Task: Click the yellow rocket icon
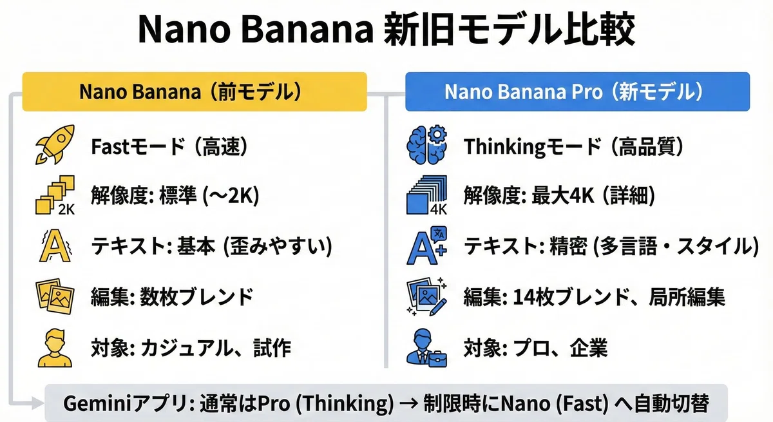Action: pyautogui.click(x=55, y=144)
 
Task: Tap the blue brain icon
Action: pyautogui.click(x=427, y=144)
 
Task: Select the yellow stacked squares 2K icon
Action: pyautogui.click(x=55, y=195)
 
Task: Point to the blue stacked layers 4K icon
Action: pyautogui.click(x=427, y=195)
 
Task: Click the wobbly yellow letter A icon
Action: pyautogui.click(x=55, y=245)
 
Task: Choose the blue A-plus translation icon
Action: pyautogui.click(x=427, y=245)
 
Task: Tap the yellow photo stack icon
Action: pyautogui.click(x=55, y=296)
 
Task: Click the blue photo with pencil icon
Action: pyautogui.click(x=427, y=296)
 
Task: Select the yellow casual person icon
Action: pyautogui.click(x=55, y=348)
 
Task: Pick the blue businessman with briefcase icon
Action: pyautogui.click(x=427, y=348)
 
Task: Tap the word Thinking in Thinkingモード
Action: pyautogui.click(x=504, y=147)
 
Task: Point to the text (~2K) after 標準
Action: pyautogui.click(x=231, y=196)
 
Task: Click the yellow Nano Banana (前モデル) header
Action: pyautogui.click(x=195, y=91)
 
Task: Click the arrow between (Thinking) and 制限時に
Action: pyautogui.click(x=409, y=403)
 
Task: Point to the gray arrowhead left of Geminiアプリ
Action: pyautogui.click(x=37, y=403)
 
